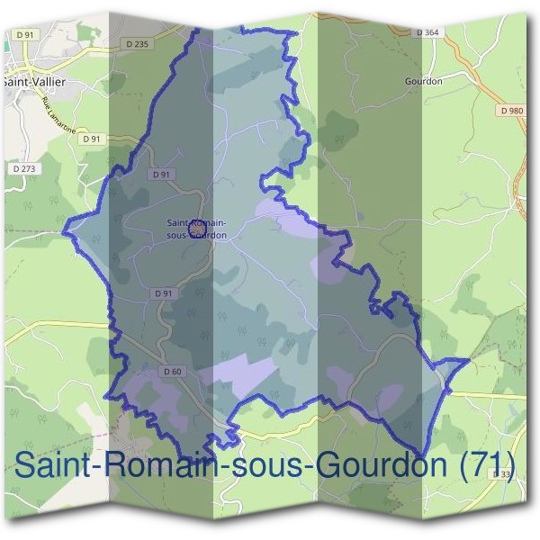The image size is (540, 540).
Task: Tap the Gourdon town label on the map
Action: coord(424,80)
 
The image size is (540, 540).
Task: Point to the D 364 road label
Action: coord(428,32)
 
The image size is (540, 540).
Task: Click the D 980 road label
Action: coord(508,110)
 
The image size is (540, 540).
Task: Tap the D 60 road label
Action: coord(173,371)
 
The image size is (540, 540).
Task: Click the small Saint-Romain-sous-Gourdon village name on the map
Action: coord(196,229)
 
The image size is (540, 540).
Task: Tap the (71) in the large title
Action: coord(487,466)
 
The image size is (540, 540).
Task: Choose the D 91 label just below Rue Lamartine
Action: coord(91,139)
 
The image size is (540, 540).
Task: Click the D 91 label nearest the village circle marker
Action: coord(161,175)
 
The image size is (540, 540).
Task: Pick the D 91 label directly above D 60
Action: coord(163,293)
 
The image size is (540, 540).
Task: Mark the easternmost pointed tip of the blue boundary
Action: coord(470,359)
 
